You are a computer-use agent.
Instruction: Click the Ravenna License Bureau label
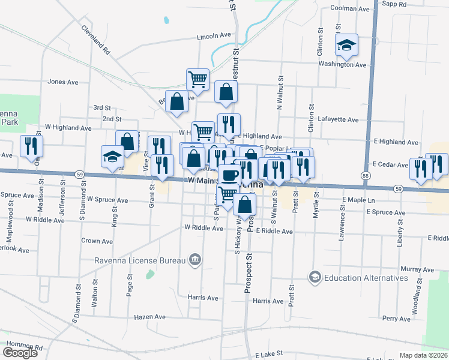141,260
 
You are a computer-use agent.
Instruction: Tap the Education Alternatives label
366,277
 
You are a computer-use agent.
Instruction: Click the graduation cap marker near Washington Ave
346,46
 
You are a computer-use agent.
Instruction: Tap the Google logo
20,353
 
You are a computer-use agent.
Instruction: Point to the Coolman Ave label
351,9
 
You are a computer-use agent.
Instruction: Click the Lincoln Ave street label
214,37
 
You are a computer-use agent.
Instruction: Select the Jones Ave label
63,82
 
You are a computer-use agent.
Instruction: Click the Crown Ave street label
97,241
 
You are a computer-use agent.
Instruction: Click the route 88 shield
366,175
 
